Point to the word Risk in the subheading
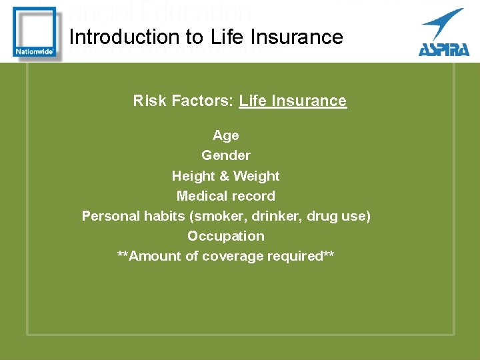[149, 101]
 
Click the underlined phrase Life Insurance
[293, 101]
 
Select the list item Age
[225, 135]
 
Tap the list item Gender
[226, 155]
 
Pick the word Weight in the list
[256, 176]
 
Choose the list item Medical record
[225, 196]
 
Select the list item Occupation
[225, 236]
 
